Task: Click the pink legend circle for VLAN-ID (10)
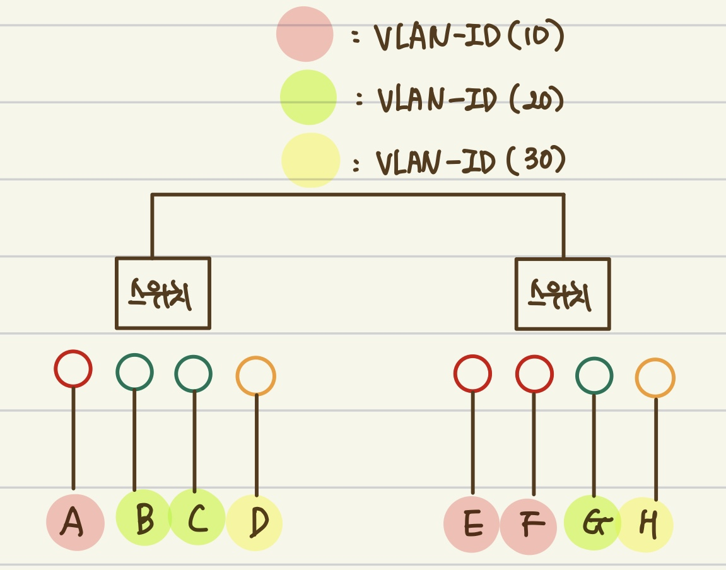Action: [305, 34]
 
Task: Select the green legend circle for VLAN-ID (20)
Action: [308, 98]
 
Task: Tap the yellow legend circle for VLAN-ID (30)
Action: [310, 160]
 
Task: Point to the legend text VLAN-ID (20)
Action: [470, 100]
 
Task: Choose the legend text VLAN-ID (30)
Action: [470, 161]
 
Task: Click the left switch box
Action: [163, 293]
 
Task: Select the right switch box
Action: [563, 294]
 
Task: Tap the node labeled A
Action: [75, 522]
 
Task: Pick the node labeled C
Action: [197, 518]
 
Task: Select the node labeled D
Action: [255, 522]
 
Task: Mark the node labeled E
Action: [472, 524]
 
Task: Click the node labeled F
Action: [529, 525]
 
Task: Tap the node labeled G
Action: [592, 523]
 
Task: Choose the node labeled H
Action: [646, 525]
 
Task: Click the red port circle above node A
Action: [73, 369]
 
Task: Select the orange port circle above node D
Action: [256, 376]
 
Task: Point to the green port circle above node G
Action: [594, 376]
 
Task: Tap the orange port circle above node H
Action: [655, 378]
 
